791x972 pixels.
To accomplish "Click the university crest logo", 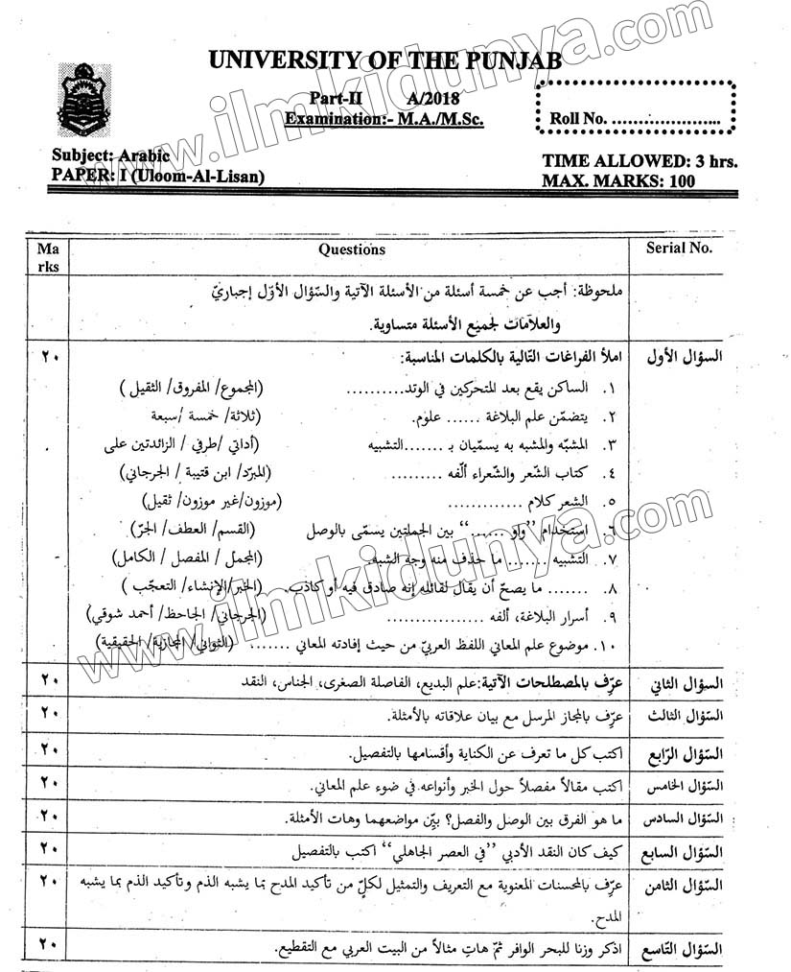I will click(x=84, y=100).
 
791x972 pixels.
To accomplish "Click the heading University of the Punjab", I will click(x=384, y=61).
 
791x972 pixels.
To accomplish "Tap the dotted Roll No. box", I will click(x=636, y=107).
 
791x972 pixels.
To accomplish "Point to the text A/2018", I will click(x=432, y=99).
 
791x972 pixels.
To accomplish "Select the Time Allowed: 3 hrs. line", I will click(x=640, y=161).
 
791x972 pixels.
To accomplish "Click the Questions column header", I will click(x=352, y=249).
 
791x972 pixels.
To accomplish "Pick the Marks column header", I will click(x=47, y=257).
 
